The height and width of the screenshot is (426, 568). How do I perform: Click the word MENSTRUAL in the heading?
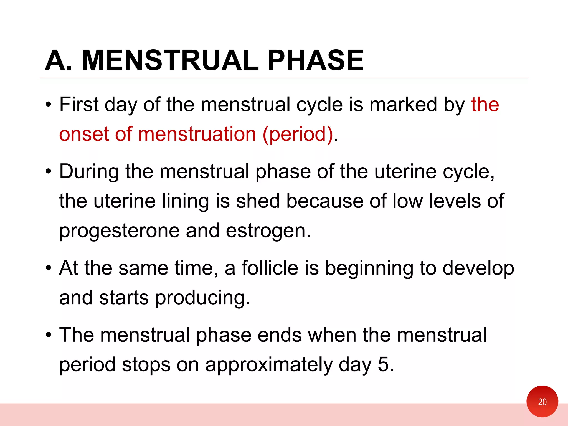click(170, 60)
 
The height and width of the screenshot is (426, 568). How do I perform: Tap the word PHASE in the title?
click(315, 60)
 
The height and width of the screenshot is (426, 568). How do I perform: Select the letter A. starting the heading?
click(59, 60)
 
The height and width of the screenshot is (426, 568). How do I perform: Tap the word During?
click(89, 172)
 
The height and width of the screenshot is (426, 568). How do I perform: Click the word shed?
click(258, 201)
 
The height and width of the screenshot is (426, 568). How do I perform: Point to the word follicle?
click(270, 268)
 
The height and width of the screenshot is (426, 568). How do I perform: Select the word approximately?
click(269, 365)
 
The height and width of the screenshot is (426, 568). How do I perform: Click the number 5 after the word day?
click(383, 365)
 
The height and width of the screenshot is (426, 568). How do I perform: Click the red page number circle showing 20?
click(542, 401)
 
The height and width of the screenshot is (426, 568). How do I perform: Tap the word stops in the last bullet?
click(146, 365)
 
